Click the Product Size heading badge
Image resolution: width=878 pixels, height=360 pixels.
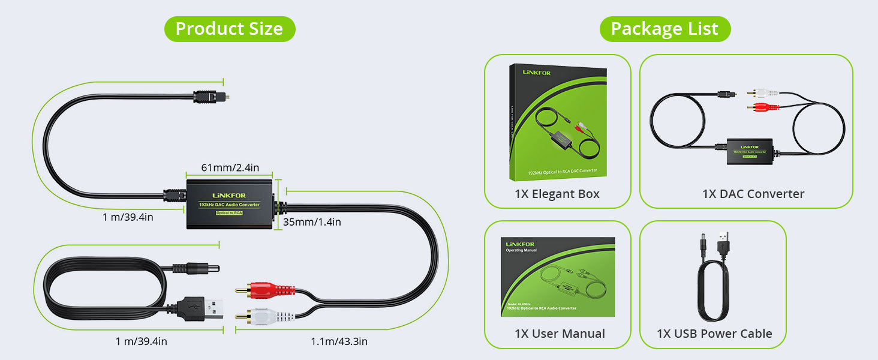(229, 29)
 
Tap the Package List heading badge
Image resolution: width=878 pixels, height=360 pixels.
(664, 29)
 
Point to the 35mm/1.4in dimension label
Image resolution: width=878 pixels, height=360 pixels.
(312, 222)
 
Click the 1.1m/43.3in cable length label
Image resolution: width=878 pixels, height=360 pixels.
(339, 341)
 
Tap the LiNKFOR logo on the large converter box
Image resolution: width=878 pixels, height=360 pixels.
(230, 195)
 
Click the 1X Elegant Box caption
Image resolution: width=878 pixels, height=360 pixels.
(557, 194)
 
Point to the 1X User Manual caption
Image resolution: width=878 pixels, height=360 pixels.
(560, 334)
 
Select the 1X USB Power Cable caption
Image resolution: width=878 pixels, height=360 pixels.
(714, 334)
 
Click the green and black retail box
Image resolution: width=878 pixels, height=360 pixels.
(558, 123)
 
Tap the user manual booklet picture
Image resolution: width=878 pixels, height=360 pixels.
(558, 277)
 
